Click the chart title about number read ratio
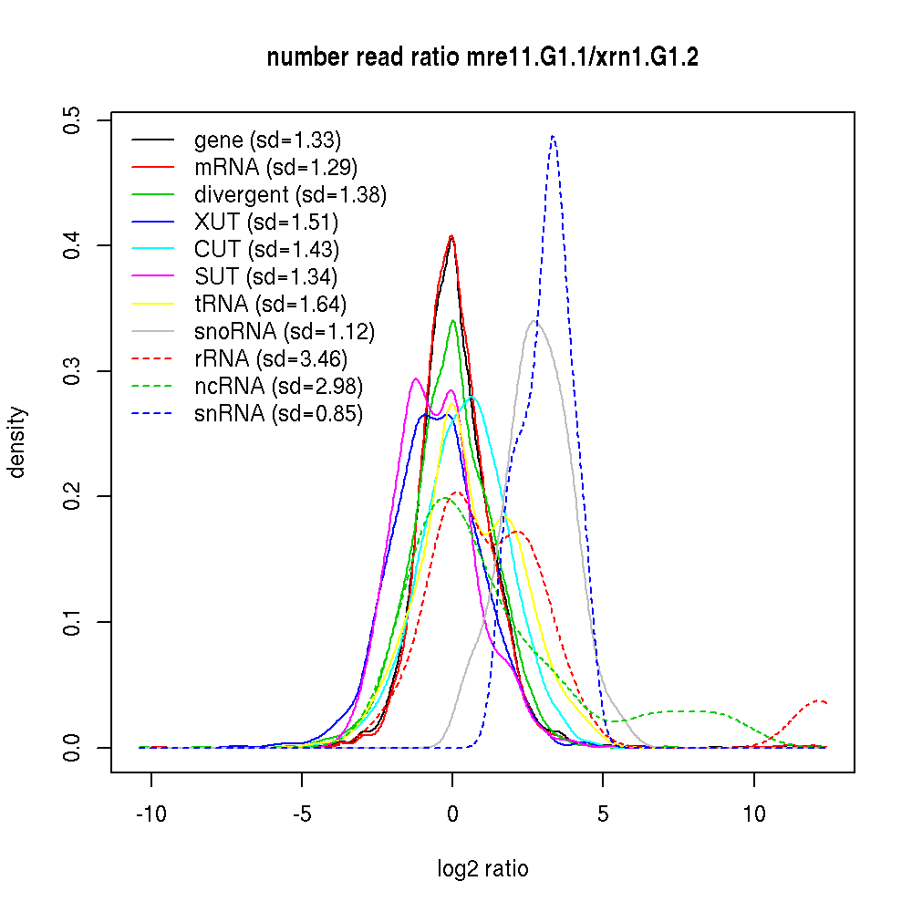[x=482, y=58]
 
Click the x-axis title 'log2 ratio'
[x=482, y=868]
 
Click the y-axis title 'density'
[x=16, y=442]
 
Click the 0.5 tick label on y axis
[x=71, y=119]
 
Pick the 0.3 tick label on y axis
[x=71, y=371]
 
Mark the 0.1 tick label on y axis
[x=71, y=622]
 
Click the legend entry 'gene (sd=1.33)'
[x=267, y=140]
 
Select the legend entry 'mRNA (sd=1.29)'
[x=275, y=168]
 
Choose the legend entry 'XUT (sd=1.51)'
[x=265, y=223]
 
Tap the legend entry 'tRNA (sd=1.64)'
[x=270, y=305]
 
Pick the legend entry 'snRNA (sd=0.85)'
[x=278, y=414]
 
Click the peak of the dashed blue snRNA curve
[x=553, y=136]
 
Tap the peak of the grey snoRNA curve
[x=535, y=321]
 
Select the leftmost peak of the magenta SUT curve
[x=416, y=378]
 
